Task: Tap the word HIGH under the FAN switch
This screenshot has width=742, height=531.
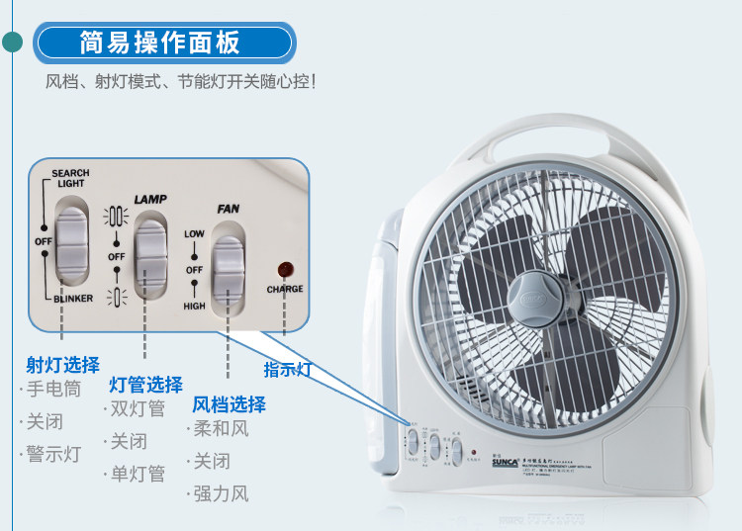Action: (195, 307)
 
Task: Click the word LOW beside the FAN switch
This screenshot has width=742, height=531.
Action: (194, 233)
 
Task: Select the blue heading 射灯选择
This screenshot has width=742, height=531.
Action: (62, 365)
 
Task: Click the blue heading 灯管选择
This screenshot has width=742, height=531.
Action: (145, 385)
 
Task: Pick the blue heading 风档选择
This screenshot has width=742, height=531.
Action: (229, 404)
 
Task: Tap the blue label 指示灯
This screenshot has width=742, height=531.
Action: (287, 370)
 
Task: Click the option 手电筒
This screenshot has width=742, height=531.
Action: (53, 389)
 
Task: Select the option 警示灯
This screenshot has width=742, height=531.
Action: (53, 454)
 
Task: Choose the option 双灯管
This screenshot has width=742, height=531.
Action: (138, 409)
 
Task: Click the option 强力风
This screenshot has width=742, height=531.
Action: (221, 493)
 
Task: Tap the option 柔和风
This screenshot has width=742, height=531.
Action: (221, 429)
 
